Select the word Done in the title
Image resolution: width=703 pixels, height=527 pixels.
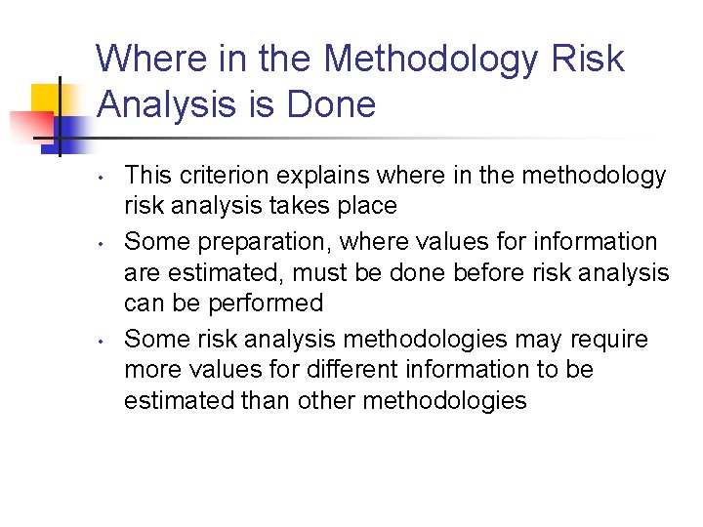(333, 104)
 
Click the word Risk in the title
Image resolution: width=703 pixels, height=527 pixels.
(589, 59)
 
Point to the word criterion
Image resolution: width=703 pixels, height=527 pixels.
(221, 176)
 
